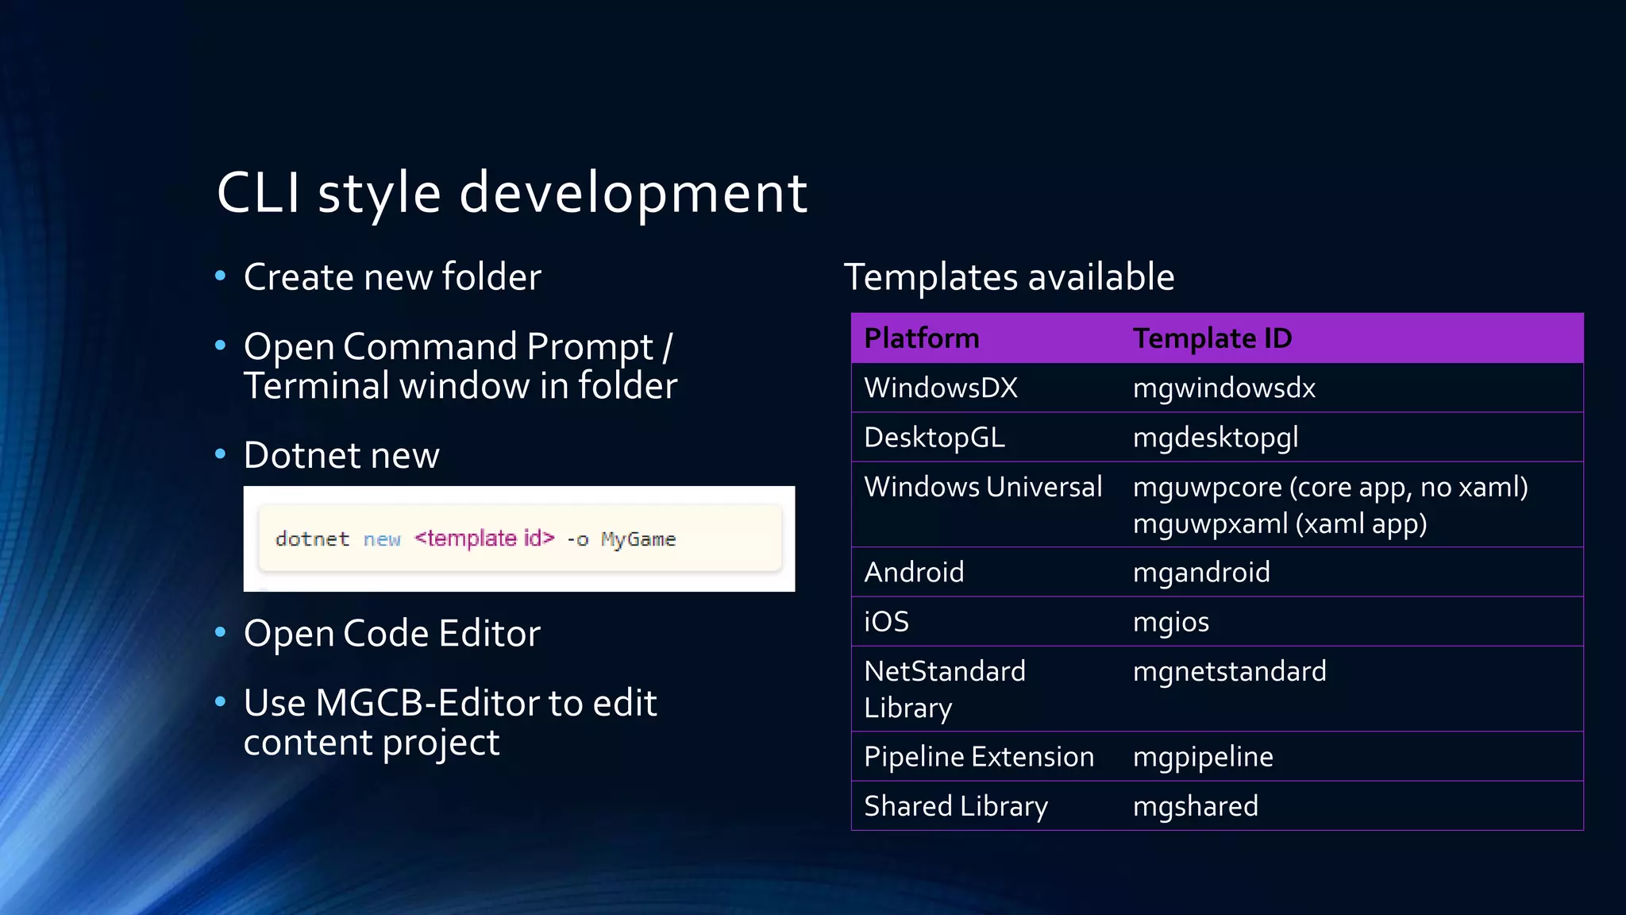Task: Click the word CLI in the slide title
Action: click(258, 193)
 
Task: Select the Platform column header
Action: click(921, 338)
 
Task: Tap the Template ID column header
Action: click(1212, 338)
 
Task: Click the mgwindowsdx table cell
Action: click(1223, 388)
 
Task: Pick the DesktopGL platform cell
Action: click(934, 438)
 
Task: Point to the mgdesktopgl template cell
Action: click(1215, 438)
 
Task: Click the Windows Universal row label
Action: click(982, 487)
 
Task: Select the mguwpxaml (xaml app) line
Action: click(1279, 524)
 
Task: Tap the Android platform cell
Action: click(914, 573)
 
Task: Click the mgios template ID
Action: click(1170, 622)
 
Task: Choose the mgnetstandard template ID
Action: click(1229, 672)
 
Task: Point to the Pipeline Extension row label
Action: click(978, 757)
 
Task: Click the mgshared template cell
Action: click(1195, 807)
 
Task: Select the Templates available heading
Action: click(1008, 277)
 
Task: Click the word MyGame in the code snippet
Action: click(638, 540)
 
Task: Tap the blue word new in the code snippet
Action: click(382, 540)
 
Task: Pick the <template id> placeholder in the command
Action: click(484, 539)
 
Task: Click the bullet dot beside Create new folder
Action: click(221, 276)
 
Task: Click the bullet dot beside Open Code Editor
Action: click(221, 632)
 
